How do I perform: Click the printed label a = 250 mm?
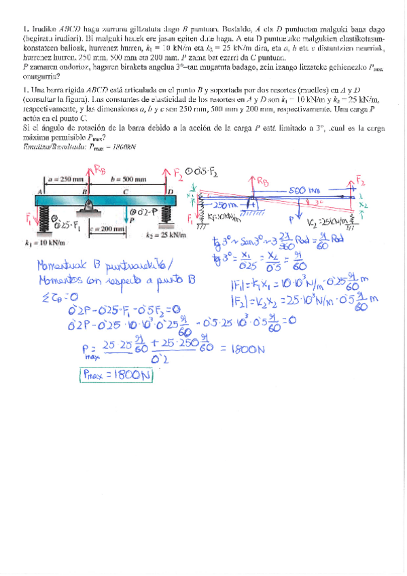coord(65,179)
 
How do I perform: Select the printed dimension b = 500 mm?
coord(128,179)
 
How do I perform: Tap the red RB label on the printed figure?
coord(99,170)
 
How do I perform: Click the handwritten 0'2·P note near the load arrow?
coord(146,211)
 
